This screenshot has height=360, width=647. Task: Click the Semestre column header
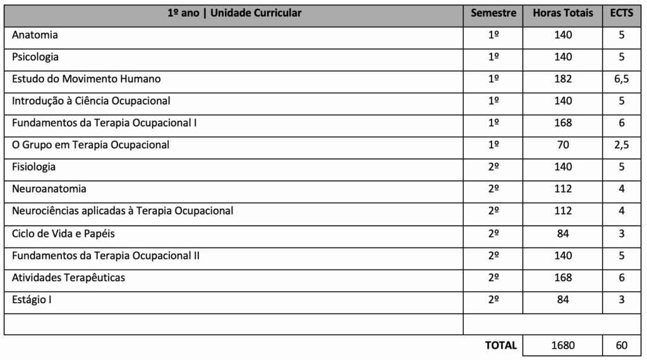(x=493, y=13)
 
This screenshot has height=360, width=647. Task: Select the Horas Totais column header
(x=563, y=13)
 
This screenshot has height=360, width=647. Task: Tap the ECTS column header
(x=622, y=13)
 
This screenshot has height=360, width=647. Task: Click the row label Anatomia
(x=35, y=35)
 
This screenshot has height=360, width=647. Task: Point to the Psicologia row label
(x=35, y=57)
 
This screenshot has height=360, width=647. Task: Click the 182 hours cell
(x=562, y=79)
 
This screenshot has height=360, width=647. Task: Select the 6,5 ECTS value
(x=622, y=79)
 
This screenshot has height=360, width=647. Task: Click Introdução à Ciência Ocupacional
(x=91, y=101)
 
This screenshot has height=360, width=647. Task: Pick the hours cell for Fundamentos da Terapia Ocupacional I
(x=562, y=123)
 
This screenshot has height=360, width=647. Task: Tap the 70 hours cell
(x=562, y=145)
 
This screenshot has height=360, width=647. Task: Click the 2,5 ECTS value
(x=622, y=145)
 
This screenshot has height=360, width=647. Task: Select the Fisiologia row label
(x=34, y=167)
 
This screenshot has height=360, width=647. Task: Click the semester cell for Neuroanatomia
(x=493, y=189)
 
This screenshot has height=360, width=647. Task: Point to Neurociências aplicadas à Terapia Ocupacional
(x=123, y=211)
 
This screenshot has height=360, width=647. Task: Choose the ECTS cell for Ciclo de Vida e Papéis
(x=622, y=234)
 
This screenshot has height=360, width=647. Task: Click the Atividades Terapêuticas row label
(x=68, y=278)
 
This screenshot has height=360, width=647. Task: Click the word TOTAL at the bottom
(x=501, y=345)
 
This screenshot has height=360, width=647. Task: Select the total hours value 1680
(x=562, y=345)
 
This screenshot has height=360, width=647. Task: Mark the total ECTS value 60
(x=622, y=345)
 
